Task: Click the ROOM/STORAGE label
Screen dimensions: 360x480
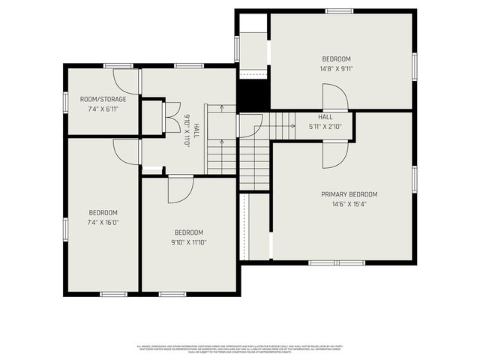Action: [103, 99]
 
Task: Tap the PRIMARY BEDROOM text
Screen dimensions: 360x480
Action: [344, 194]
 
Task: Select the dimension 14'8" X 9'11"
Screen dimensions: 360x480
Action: [337, 68]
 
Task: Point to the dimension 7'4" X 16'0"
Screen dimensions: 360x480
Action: [103, 222]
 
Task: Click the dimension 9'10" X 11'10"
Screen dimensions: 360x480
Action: [189, 241]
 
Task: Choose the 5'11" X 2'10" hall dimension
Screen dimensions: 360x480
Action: [325, 127]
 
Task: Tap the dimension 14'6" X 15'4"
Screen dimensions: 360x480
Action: [344, 204]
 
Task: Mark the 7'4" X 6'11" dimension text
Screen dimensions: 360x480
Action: [103, 109]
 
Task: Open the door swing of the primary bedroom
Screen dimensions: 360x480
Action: [335, 154]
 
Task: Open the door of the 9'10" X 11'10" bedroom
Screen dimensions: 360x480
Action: [180, 189]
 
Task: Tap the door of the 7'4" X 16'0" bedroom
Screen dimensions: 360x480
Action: [126, 151]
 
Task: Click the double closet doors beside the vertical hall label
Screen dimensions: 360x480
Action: [171, 117]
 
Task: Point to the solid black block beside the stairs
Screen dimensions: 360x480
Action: [253, 95]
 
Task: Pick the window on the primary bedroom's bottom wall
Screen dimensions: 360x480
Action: [337, 262]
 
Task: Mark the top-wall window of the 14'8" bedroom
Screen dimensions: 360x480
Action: [338, 10]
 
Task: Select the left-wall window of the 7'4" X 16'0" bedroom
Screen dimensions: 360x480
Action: [65, 228]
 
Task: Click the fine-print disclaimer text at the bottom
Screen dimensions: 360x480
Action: [240, 349]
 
